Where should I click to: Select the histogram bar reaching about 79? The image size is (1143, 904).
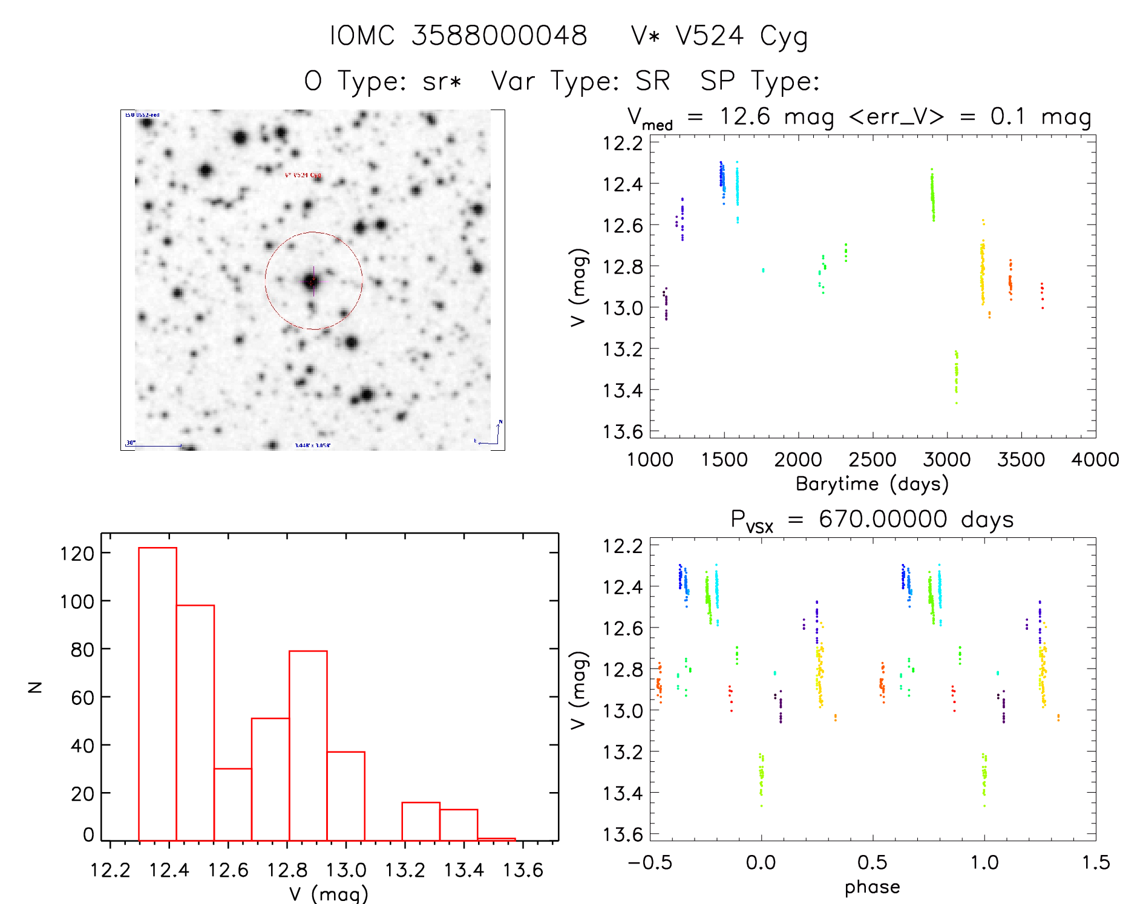click(x=308, y=744)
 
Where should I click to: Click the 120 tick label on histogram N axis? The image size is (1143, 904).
click(x=77, y=553)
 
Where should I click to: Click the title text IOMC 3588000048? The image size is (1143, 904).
click(x=458, y=36)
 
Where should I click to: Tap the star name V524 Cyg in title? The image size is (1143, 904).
click(x=741, y=36)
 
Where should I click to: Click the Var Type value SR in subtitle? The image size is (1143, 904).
click(x=652, y=81)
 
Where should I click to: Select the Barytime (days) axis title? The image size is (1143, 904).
click(x=872, y=484)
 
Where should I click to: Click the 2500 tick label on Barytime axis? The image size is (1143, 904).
click(x=872, y=460)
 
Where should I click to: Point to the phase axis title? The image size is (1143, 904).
click(x=872, y=887)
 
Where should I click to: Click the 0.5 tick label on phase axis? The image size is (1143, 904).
click(x=872, y=863)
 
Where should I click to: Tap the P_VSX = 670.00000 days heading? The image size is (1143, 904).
click(x=872, y=520)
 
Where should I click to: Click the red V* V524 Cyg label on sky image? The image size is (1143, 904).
click(x=303, y=175)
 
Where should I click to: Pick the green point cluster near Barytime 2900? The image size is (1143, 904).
click(x=932, y=195)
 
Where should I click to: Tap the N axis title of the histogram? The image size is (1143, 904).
click(x=35, y=687)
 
